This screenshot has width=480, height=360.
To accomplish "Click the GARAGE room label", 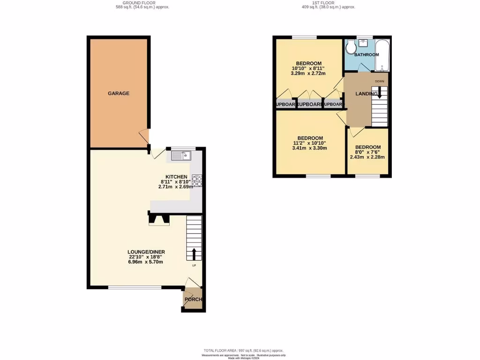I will coord(119,93).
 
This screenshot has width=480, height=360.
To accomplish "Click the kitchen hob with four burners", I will coord(197,181).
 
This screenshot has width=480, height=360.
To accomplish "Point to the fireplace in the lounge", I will coord(159,219).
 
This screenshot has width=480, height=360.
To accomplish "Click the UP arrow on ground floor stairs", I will coord(194,254).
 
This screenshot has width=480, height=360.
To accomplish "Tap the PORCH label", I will coord(193,300).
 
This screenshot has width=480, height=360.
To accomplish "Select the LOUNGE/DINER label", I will coord(146,252).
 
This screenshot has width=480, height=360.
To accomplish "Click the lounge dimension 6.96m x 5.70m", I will coord(146,262).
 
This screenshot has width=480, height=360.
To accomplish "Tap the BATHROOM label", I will coord(366,55).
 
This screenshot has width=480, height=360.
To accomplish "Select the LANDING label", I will coord(366,94).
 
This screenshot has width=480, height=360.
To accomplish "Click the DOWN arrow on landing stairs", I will coord(380,93).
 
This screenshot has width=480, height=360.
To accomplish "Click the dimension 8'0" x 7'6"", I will coord(367,152).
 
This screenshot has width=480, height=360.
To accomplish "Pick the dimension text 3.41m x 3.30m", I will coord(309,148).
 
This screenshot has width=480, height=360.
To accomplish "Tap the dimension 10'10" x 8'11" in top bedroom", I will coord(308,68).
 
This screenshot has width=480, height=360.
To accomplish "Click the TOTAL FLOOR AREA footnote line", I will coord(243,351).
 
